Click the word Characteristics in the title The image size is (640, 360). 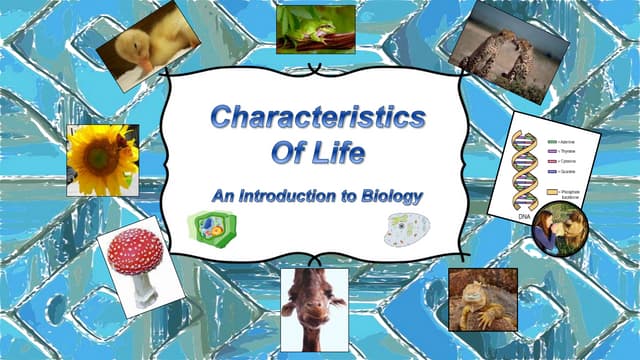(317, 118)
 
